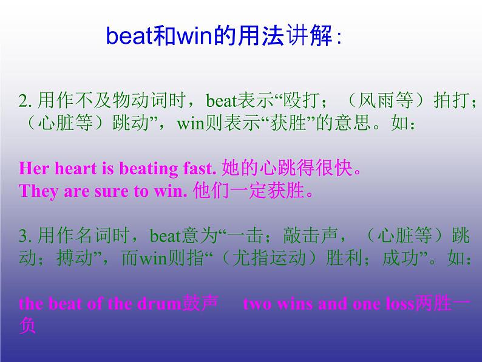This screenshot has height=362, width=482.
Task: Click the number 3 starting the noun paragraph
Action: pos(22,236)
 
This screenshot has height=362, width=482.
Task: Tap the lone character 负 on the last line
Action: pos(27,326)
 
